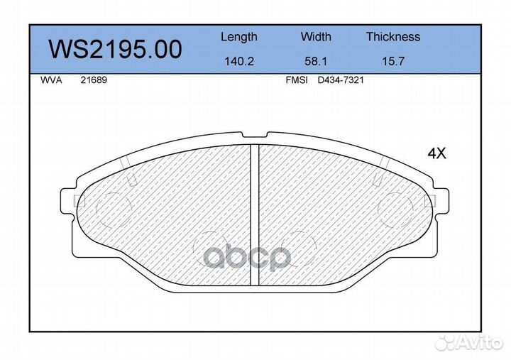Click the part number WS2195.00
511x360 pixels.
click(x=115, y=49)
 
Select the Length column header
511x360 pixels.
click(x=239, y=37)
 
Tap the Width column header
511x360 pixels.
click(x=316, y=36)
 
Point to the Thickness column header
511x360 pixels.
click(x=393, y=36)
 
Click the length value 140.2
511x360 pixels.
click(x=239, y=61)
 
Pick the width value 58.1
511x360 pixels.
click(x=316, y=61)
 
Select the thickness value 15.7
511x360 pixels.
click(x=393, y=61)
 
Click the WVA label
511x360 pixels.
click(x=51, y=80)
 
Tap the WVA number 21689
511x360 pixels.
click(x=94, y=80)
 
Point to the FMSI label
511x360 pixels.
click(x=297, y=80)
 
